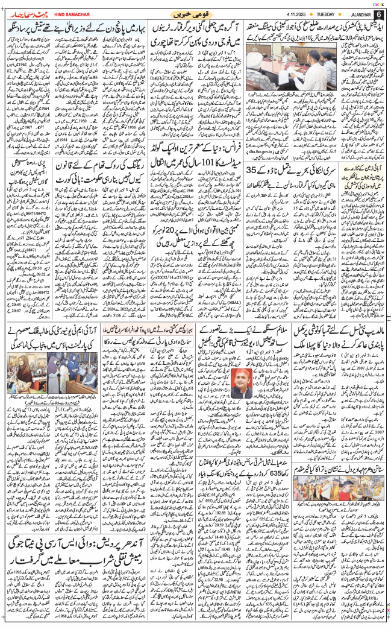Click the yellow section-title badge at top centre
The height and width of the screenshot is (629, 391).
pyautogui.click(x=195, y=13)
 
